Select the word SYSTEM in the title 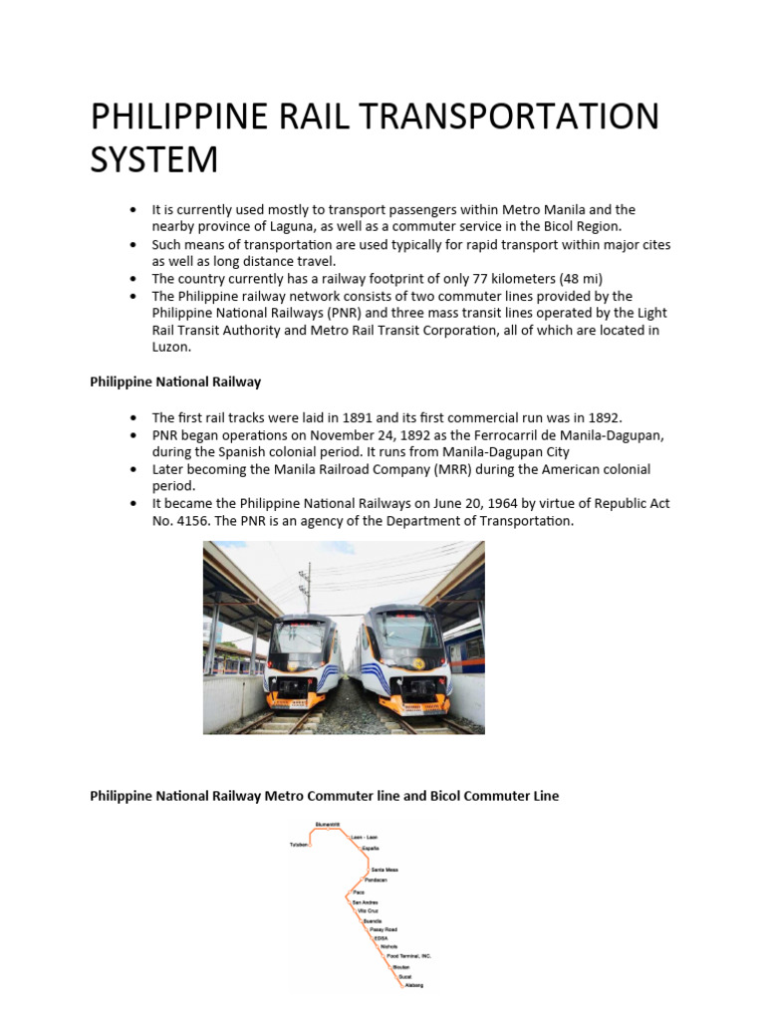pyautogui.click(x=154, y=158)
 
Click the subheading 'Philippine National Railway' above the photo pyautogui.click(x=175, y=381)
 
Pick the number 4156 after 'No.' pyautogui.click(x=190, y=521)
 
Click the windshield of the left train pyautogui.click(x=300, y=637)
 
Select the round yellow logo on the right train pyautogui.click(x=420, y=662)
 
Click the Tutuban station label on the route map pyautogui.click(x=299, y=844)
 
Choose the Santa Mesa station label pyautogui.click(x=383, y=870)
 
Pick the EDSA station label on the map pyautogui.click(x=379, y=937)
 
